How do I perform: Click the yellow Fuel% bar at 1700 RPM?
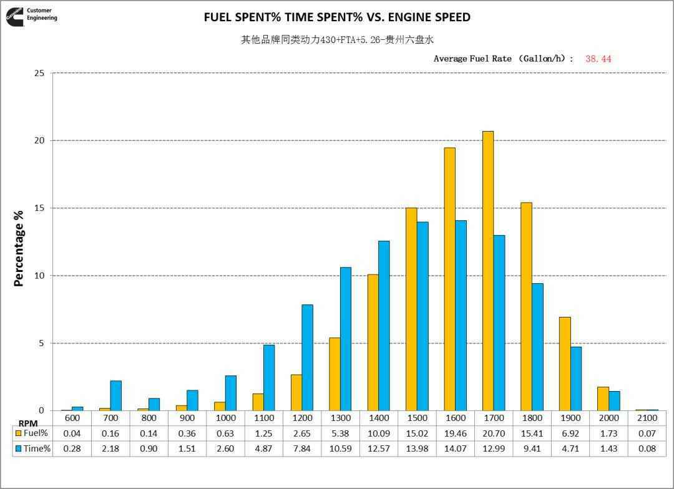pos(488,271)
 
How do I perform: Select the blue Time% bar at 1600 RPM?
pos(461,316)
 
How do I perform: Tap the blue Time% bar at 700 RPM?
pos(116,395)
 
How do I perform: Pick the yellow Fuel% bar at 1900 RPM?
pos(565,364)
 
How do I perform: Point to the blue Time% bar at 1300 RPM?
pos(346,339)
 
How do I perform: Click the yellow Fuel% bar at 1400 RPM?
pos(373,342)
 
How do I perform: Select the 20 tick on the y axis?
pos(39,141)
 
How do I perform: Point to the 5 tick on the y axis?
pos(41,344)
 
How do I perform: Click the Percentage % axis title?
pos(19,248)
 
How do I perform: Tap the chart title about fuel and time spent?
pos(337,17)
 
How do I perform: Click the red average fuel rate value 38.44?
pos(598,59)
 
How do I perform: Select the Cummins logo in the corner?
pos(15,16)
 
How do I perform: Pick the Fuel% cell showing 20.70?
pos(493,433)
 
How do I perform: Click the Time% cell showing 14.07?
pos(455,448)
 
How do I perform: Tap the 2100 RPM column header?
pos(647,418)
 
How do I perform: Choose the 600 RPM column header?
pos(72,418)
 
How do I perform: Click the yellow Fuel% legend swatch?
pos(18,433)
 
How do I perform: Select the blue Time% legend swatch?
pos(18,448)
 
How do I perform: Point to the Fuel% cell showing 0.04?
pos(72,433)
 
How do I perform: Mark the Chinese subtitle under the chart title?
pos(337,40)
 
